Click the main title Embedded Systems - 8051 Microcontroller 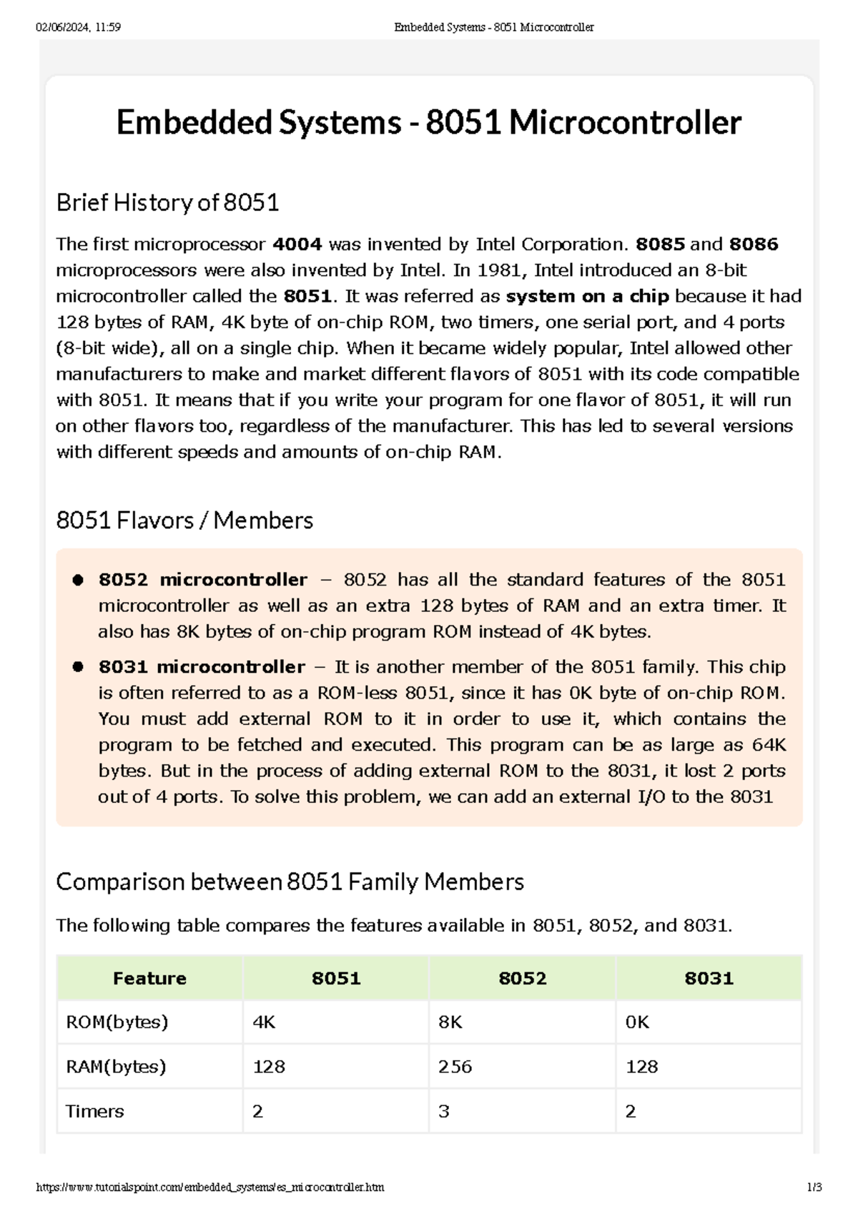(x=428, y=122)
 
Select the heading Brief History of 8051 (x=167, y=203)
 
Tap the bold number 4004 (x=297, y=245)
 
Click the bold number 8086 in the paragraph (x=753, y=245)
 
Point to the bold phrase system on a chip (x=587, y=296)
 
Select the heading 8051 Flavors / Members (x=184, y=520)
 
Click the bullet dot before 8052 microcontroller (x=79, y=580)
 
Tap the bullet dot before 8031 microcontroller (x=79, y=667)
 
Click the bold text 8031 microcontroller (x=202, y=667)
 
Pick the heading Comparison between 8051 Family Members (x=290, y=882)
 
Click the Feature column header (x=149, y=978)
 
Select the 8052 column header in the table (x=522, y=978)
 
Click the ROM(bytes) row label (x=117, y=1022)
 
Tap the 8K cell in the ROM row (x=450, y=1022)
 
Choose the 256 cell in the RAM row (x=455, y=1067)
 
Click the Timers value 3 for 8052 (x=444, y=1111)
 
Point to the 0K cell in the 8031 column (x=637, y=1022)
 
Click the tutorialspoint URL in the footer (x=210, y=1188)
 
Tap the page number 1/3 (x=814, y=1188)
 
